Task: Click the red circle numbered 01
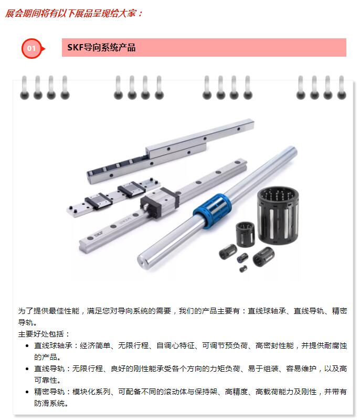(31, 48)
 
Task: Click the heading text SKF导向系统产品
(101, 48)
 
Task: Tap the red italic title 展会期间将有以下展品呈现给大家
(71, 13)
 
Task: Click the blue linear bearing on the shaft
(212, 211)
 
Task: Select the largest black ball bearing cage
(278, 215)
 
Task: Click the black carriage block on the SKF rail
(160, 203)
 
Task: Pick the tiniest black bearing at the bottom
(243, 269)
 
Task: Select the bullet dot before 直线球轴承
(27, 346)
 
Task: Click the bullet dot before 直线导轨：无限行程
(27, 369)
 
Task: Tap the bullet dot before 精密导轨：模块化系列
(27, 392)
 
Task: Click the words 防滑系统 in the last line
(49, 403)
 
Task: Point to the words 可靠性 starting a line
(46, 380)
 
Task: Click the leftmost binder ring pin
(24, 88)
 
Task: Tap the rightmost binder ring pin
(342, 88)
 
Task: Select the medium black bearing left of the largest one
(245, 233)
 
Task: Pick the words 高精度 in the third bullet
(236, 392)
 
